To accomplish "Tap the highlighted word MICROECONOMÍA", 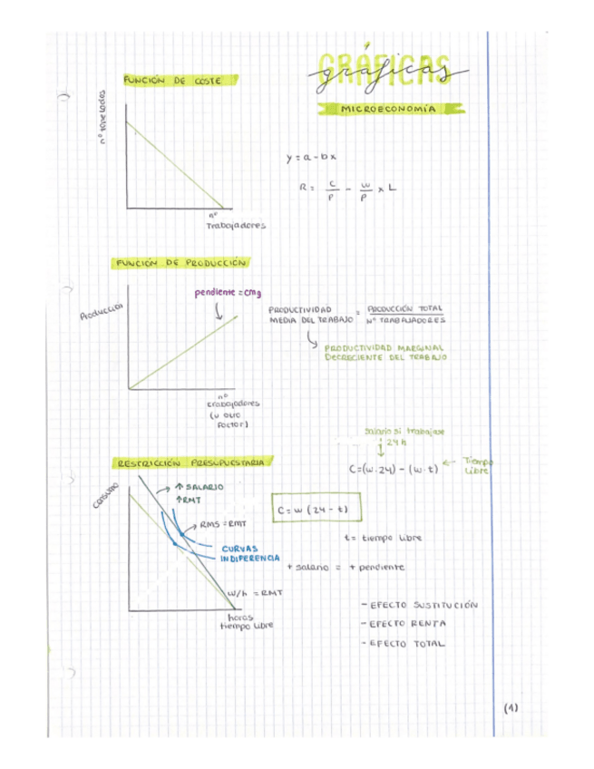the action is pos(386,109).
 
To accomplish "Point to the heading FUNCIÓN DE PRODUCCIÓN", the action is pos(180,263).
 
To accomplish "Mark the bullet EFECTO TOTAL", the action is pos(404,643).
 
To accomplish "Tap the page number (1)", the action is pos(511,708).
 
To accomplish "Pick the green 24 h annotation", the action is pos(392,443).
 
